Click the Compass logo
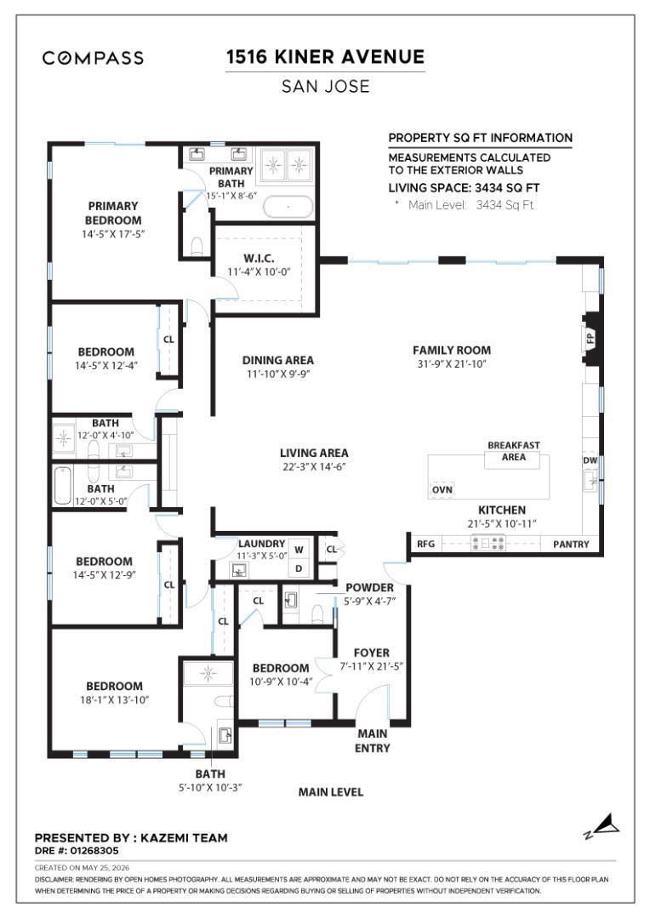93,58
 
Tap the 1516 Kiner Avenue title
325,57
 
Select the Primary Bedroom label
113,214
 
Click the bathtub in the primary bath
288,207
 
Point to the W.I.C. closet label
259,259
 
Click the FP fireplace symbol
590,338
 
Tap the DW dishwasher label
590,460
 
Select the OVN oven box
442,489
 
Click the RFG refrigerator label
425,544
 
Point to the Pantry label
571,544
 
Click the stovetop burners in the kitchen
488,543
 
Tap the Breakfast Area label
513,451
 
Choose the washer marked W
299,550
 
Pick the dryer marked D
299,568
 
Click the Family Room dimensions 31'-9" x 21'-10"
452,364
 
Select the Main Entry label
373,741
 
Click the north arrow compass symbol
603,825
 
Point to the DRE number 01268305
77,850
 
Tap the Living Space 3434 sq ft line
465,188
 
